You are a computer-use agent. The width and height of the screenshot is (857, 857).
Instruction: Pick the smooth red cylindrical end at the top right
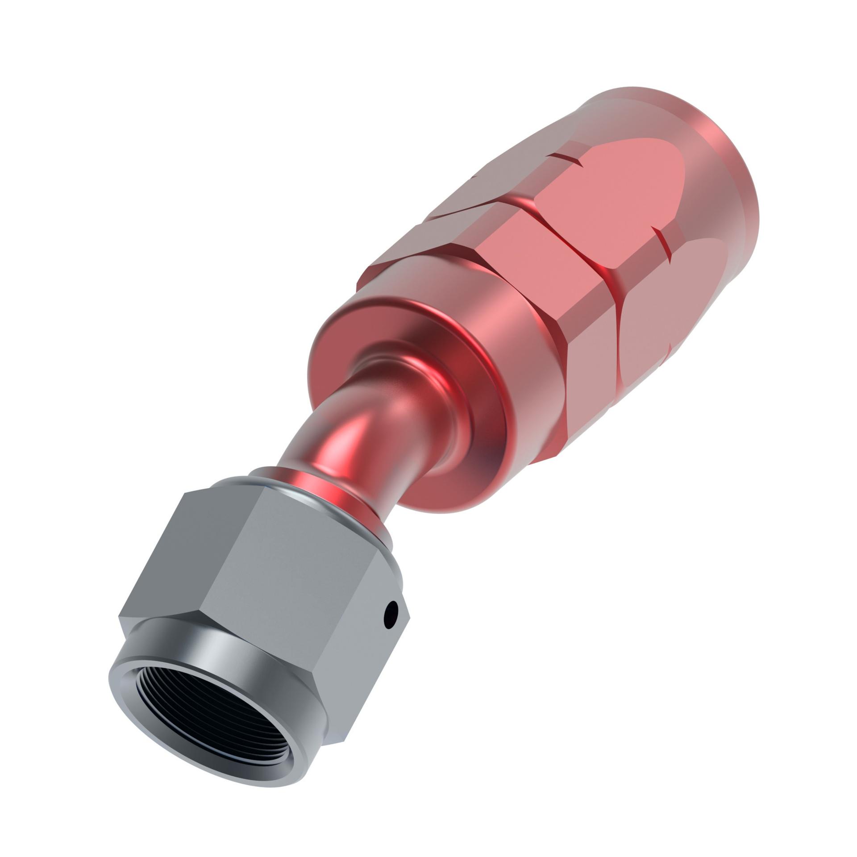pos(696,147)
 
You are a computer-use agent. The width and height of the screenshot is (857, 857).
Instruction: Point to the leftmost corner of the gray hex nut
pos(120,617)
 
